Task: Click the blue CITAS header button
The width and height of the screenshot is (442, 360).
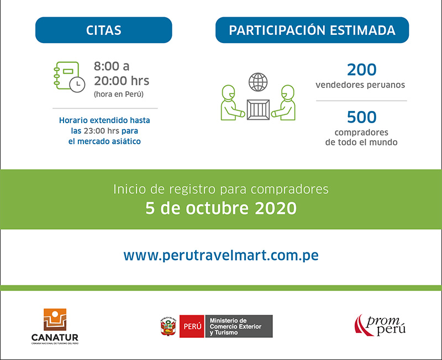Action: [103, 30]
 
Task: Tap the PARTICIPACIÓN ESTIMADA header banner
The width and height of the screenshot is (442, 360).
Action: [312, 30]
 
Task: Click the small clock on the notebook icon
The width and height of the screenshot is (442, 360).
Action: [77, 84]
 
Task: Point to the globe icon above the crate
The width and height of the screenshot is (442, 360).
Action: [258, 82]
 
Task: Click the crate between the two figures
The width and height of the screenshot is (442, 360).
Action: [258, 109]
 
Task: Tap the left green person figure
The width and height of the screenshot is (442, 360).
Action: [232, 103]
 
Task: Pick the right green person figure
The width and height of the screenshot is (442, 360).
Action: [284, 103]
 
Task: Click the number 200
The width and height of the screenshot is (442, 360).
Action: [362, 70]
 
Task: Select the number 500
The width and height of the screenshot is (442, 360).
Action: [362, 117]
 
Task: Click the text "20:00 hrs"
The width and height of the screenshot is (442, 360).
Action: [122, 81]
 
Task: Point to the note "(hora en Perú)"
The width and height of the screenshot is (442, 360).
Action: [119, 94]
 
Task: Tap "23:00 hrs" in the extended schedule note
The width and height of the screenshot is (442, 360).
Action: [101, 131]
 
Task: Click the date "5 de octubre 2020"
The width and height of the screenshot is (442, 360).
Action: [221, 208]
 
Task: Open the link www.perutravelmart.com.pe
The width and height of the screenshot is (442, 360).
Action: [221, 256]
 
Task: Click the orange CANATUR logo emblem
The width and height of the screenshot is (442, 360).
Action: [55, 320]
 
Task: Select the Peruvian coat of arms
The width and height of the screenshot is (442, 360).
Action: [169, 326]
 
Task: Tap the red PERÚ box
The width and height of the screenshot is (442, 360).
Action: [192, 326]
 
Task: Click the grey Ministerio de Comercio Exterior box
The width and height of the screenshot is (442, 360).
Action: [239, 326]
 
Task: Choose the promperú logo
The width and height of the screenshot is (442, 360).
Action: [380, 325]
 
